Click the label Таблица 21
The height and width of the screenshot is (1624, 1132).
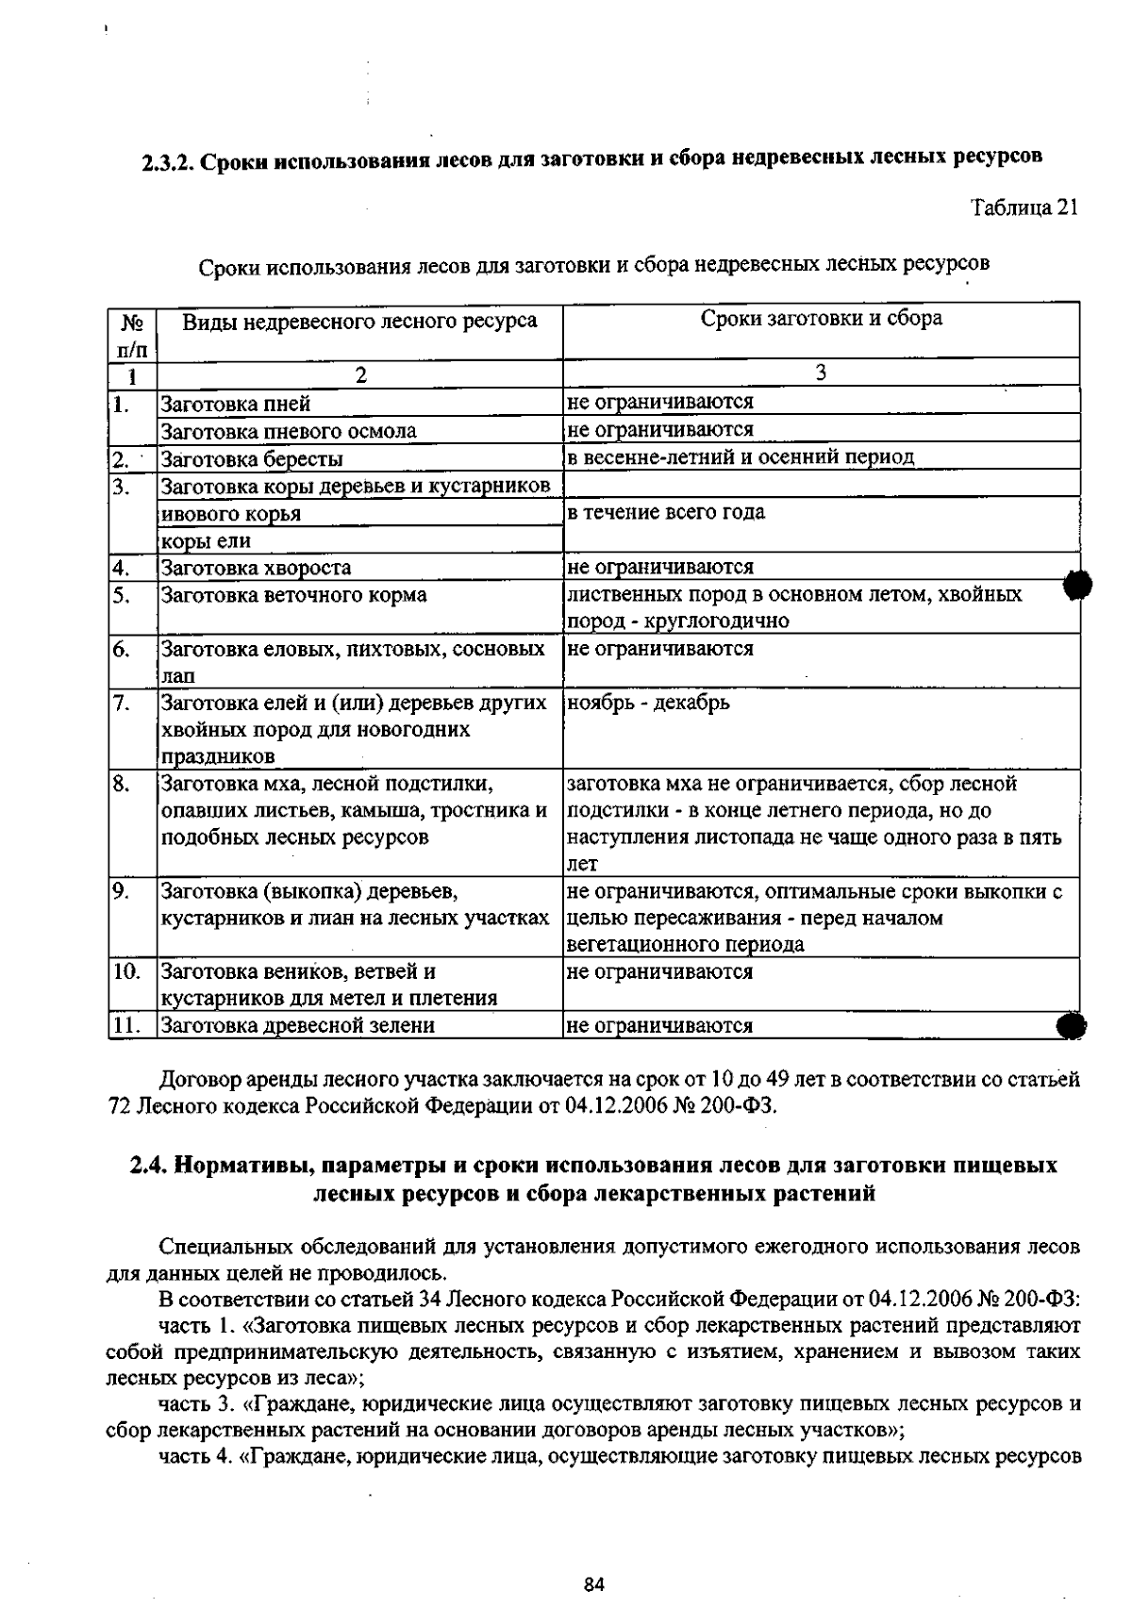1024,207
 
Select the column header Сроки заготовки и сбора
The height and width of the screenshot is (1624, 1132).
821,319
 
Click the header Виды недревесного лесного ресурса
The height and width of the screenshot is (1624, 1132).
359,322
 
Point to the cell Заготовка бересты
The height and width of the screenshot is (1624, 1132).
252,459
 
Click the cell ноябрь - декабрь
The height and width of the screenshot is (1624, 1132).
648,703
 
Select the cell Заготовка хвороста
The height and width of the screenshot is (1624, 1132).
257,568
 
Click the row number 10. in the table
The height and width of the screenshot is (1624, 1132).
126,971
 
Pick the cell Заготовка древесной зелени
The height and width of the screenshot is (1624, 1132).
298,1025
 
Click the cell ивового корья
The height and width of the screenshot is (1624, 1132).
231,514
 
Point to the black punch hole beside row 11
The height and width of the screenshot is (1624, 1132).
1073,1025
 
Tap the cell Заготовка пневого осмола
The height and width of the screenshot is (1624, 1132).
289,432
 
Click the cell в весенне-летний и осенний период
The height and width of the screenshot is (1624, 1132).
741,457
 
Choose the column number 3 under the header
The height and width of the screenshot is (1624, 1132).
821,373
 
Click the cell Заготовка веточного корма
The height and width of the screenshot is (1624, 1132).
293,595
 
